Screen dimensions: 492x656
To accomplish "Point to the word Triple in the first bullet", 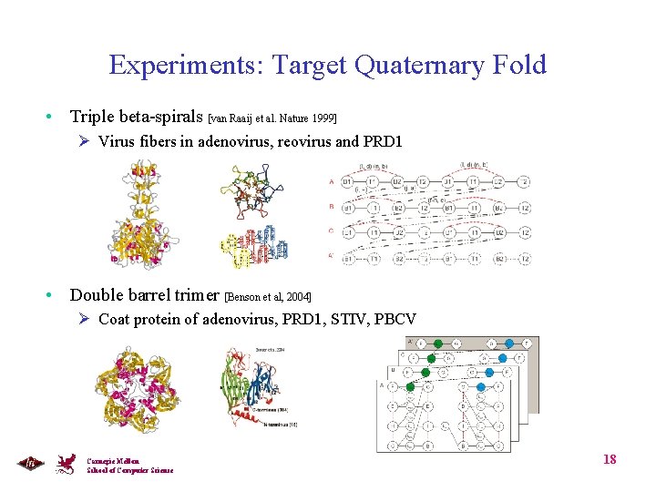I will [x=92, y=117].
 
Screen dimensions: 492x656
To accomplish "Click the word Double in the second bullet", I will [x=96, y=294].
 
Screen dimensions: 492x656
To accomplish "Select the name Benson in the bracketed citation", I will [x=248, y=297].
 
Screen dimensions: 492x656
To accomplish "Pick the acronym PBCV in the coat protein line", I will [x=395, y=319].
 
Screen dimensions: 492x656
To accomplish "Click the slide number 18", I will [x=610, y=459].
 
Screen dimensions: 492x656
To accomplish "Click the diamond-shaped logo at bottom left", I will [x=29, y=463].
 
